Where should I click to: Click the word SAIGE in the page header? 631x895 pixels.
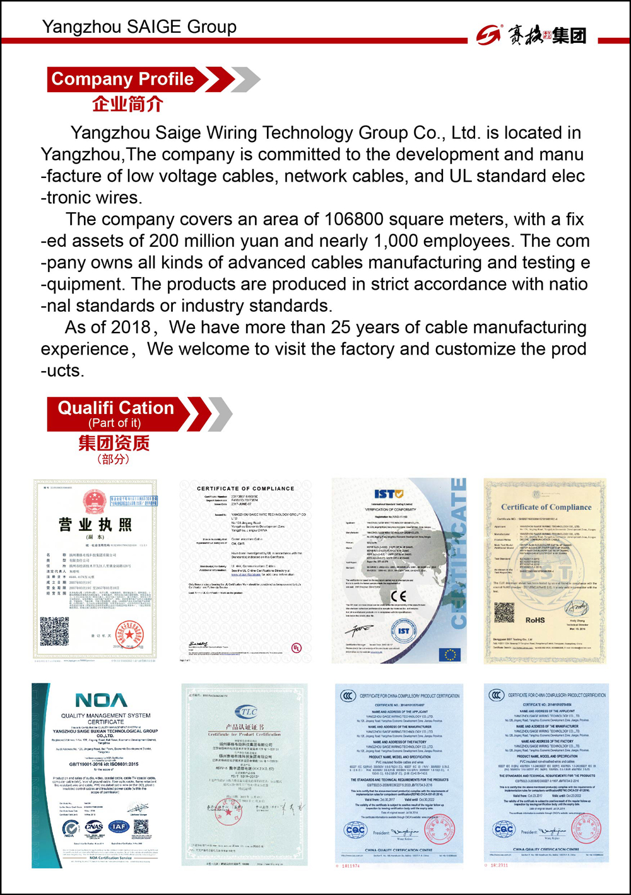pos(154,27)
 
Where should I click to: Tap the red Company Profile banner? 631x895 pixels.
pos(123,80)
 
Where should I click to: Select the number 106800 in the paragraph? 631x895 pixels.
pos(353,220)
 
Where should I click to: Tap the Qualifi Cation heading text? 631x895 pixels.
pos(116,408)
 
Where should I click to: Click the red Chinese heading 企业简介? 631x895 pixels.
pos(127,104)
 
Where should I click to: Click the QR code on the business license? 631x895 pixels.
pos(54,631)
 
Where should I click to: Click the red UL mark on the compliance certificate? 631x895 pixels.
pos(296,648)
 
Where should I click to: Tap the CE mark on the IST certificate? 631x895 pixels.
pos(399,596)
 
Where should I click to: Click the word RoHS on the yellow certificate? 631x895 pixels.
pos(535,620)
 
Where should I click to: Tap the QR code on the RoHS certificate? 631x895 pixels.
pos(504,612)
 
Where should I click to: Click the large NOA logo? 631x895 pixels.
pos(101,700)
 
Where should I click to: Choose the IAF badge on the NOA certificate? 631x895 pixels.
pos(118,826)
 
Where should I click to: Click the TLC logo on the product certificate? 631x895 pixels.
pos(245,711)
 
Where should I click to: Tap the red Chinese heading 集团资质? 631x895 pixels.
pos(114,443)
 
